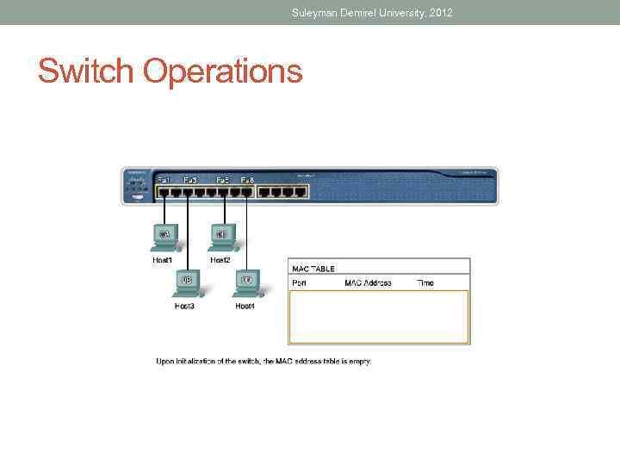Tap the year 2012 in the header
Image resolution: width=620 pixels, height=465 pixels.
coord(438,13)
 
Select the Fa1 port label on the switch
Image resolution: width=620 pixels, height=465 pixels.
coord(164,179)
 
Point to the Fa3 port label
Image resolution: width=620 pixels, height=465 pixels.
coord(190,179)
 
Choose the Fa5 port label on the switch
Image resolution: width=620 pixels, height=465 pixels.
coord(222,179)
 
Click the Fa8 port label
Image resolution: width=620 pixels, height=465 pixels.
coord(247,179)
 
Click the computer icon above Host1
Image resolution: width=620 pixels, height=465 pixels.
coord(164,235)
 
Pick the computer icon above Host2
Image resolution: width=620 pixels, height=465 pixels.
coord(220,235)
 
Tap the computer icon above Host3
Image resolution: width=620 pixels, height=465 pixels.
coord(185,282)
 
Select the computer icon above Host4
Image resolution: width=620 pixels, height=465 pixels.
coord(246,282)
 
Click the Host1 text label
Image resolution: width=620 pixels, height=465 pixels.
coord(163,259)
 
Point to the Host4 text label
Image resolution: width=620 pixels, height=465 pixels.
coord(245,306)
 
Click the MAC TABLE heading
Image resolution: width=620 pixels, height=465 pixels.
coord(313,269)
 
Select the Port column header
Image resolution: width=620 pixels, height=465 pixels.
coord(300,282)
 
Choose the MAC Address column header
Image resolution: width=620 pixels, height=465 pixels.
coord(368,282)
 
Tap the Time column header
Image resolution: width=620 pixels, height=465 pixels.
coord(425,282)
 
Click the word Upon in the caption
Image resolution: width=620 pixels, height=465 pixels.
coord(164,361)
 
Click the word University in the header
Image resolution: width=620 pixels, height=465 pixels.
coord(387,13)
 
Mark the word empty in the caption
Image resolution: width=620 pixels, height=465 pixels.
coord(360,362)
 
